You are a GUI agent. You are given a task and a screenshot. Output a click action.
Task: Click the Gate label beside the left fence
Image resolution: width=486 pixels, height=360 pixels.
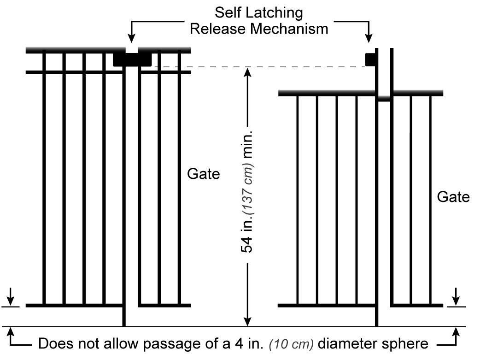204,174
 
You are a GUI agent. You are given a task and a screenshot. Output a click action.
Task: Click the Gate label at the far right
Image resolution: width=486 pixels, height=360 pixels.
453,197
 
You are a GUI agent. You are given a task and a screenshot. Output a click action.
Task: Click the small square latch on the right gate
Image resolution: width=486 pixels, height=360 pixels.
370,59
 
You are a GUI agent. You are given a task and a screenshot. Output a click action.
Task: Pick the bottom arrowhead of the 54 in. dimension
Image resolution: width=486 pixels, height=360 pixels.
248,321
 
